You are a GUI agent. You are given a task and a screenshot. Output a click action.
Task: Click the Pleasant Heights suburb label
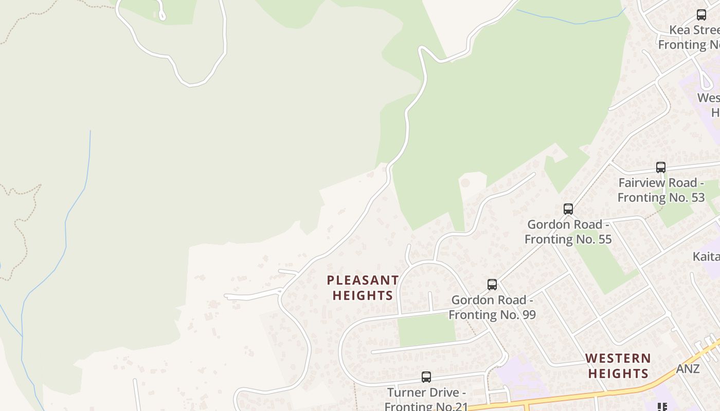[x=363, y=288]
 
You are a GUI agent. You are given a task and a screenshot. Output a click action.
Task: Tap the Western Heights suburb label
[x=618, y=365]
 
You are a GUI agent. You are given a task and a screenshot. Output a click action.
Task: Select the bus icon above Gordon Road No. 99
[x=492, y=284]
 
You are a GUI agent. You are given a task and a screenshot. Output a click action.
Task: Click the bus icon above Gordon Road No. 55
[x=568, y=209]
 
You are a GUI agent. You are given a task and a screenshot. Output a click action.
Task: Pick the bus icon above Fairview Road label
[x=661, y=167]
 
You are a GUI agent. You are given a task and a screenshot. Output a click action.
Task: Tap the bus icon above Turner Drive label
[x=426, y=377]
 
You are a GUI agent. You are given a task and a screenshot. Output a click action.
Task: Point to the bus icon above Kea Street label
[x=701, y=14]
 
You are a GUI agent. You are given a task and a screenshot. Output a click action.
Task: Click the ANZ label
[x=688, y=369]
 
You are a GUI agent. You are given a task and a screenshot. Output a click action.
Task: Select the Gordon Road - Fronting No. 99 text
[x=492, y=307]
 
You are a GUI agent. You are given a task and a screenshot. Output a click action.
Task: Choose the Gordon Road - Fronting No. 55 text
[x=568, y=232]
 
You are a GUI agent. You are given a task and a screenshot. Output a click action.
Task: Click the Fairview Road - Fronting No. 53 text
[x=661, y=190]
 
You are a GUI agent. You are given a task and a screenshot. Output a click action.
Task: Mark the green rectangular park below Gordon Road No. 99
[x=426, y=329]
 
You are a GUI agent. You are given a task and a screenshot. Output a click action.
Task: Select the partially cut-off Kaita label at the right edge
[x=706, y=256]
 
